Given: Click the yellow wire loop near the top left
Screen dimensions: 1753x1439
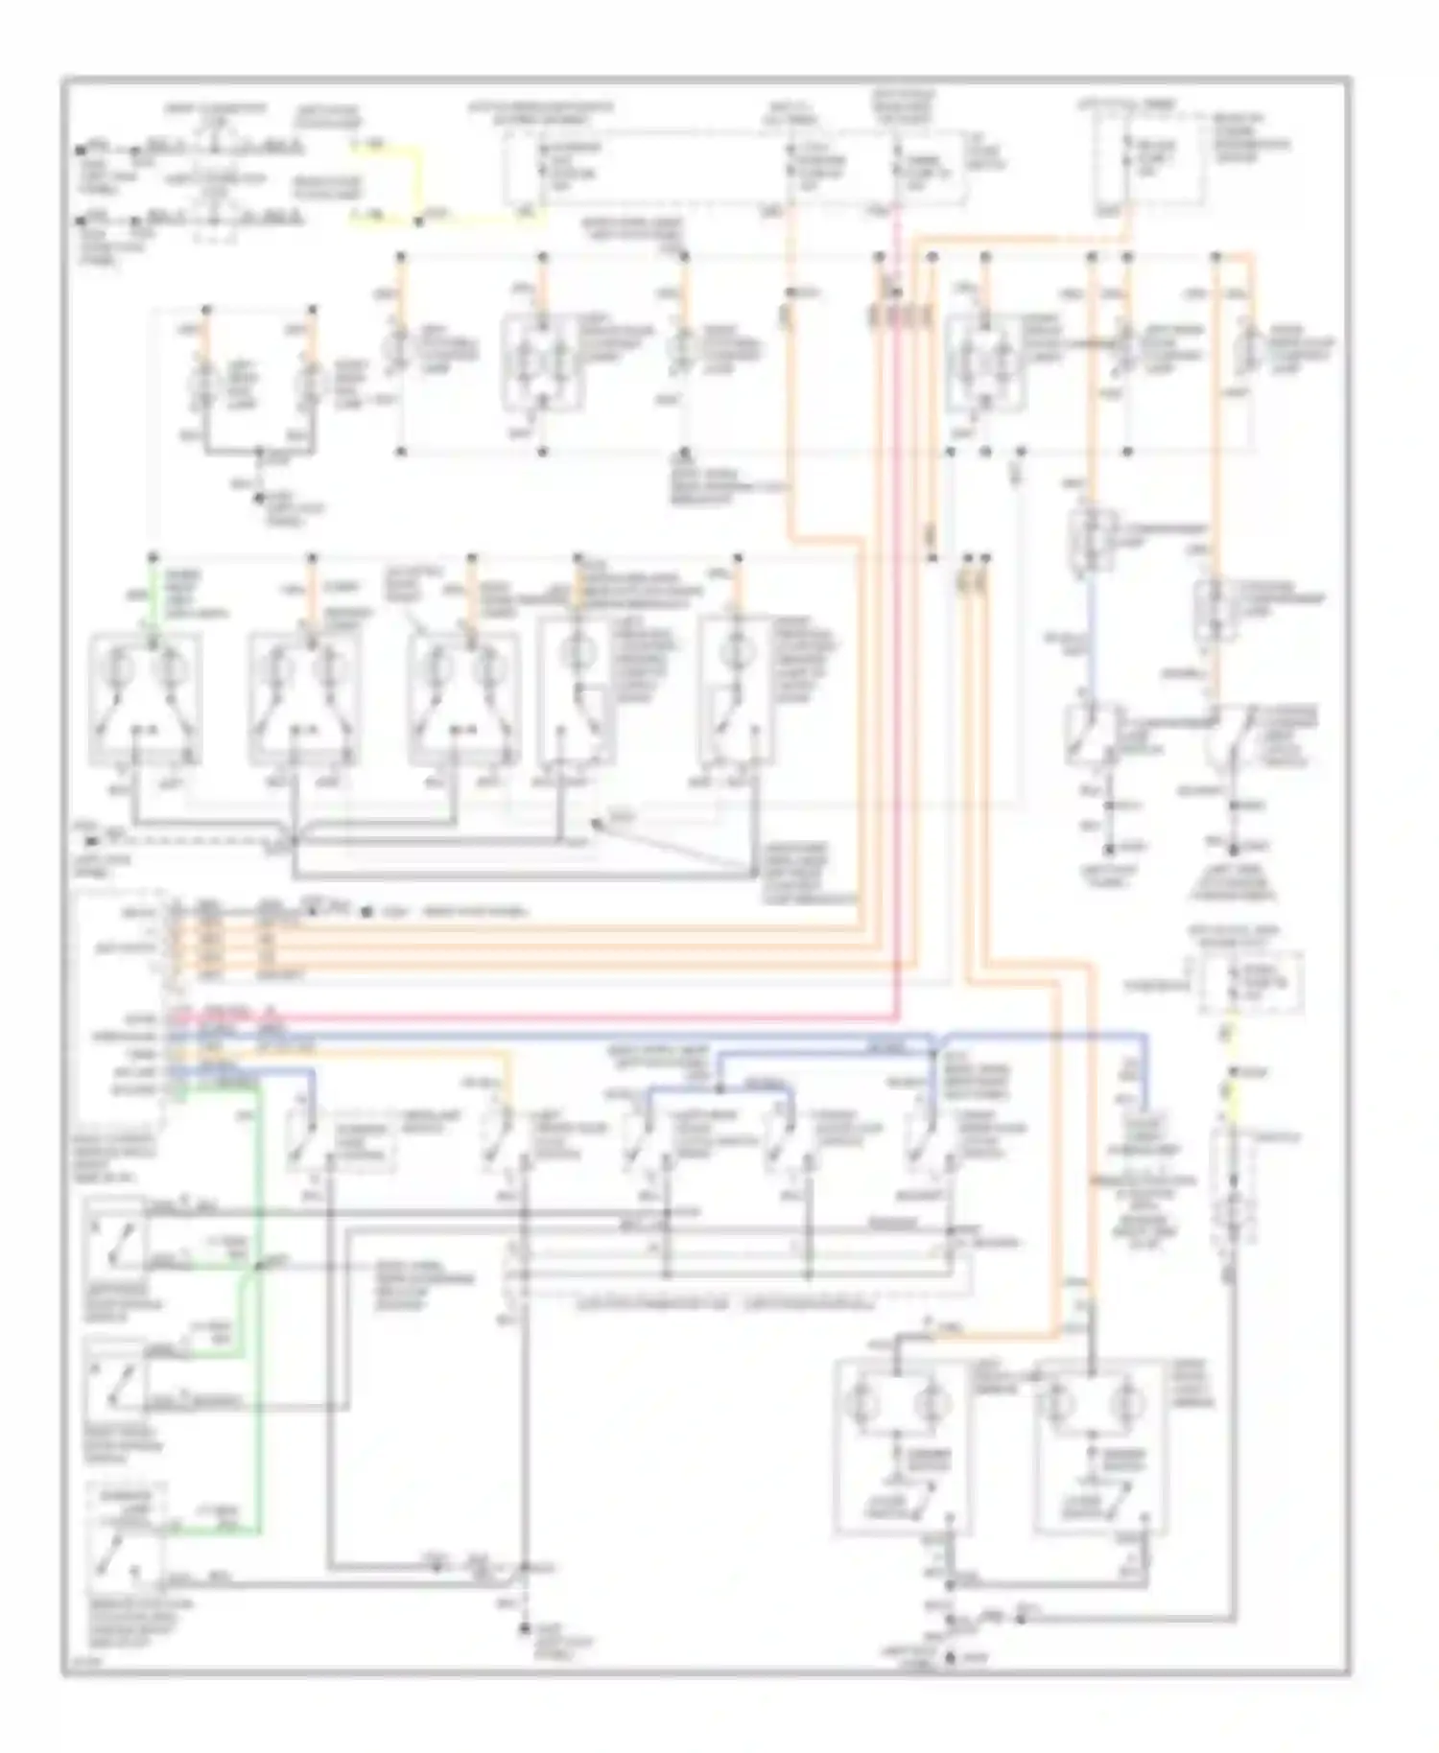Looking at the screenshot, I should tap(418, 182).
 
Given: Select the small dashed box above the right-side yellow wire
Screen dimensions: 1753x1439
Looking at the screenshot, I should tap(1251, 983).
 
